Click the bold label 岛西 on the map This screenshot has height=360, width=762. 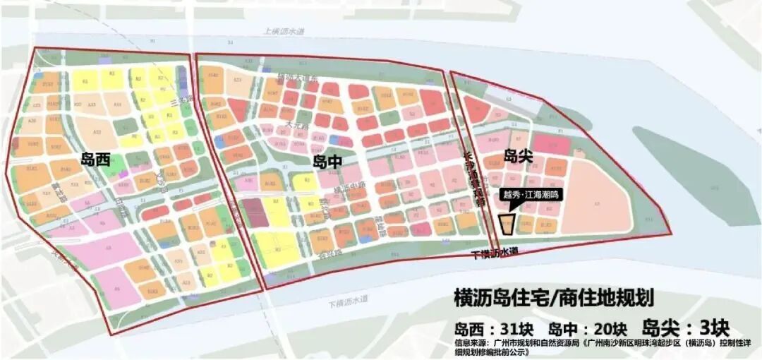[96, 160]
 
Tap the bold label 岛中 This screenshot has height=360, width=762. [327, 162]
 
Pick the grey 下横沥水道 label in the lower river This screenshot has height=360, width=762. [349, 301]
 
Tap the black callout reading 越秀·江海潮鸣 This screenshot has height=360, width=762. [530, 194]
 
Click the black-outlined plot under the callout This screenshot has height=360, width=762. [507, 223]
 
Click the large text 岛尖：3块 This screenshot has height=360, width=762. [684, 328]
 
